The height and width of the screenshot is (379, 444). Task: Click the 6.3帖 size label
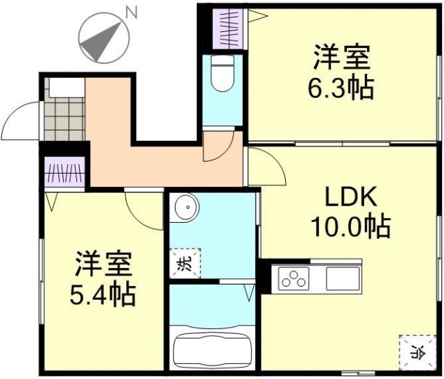click(341, 89)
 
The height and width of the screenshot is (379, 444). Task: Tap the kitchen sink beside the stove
click(342, 278)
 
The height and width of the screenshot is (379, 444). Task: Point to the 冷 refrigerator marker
click(417, 351)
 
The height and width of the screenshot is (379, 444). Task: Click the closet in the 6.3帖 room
click(228, 28)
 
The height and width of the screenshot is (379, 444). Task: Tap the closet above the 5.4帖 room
click(64, 174)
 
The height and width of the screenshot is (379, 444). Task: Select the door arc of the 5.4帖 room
click(142, 209)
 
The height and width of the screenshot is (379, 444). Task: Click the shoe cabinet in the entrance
click(64, 87)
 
